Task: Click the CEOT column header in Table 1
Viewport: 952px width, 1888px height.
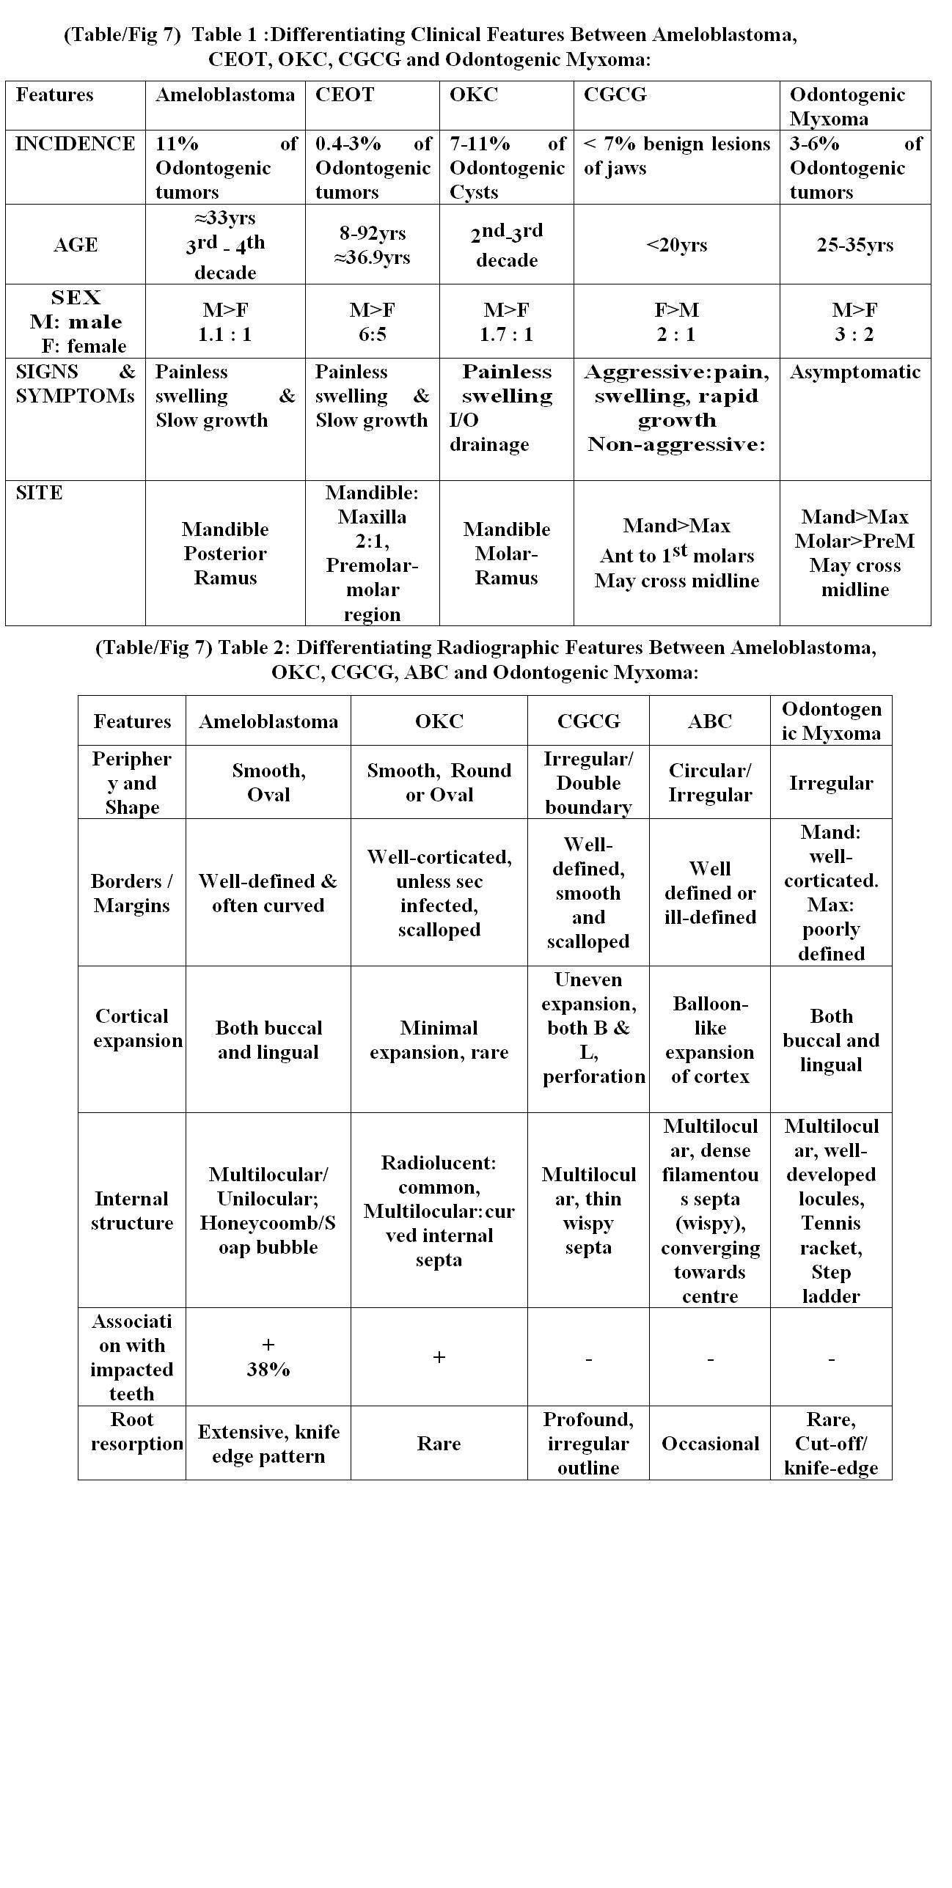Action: pyautogui.click(x=345, y=95)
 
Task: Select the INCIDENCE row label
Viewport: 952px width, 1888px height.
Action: pyautogui.click(x=75, y=144)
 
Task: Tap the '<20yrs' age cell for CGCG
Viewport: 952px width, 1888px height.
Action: pyautogui.click(x=676, y=245)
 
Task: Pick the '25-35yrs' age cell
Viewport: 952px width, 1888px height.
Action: pyautogui.click(x=854, y=245)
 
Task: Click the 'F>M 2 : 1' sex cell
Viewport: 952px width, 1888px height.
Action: pyautogui.click(x=676, y=322)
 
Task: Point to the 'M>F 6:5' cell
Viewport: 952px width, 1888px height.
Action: pyautogui.click(x=372, y=322)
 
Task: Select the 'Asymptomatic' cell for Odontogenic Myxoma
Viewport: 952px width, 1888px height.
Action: pyautogui.click(x=854, y=372)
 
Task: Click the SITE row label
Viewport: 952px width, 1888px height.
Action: pyautogui.click(x=39, y=493)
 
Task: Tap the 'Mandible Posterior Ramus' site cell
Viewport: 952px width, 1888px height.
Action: pyautogui.click(x=225, y=553)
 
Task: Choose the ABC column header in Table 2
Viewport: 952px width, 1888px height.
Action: pyautogui.click(x=709, y=721)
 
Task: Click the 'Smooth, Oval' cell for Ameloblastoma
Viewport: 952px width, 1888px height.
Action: pyautogui.click(x=268, y=782)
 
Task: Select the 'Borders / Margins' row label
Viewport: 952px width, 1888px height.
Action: pyautogui.click(x=132, y=893)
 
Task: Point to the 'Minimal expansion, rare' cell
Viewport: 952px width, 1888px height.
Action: pyautogui.click(x=439, y=1040)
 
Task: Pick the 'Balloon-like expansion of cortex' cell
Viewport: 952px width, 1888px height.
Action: pyautogui.click(x=709, y=1040)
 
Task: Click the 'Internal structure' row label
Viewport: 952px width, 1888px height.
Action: pyautogui.click(x=132, y=1211)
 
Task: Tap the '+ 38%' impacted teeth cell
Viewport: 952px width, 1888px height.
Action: pyautogui.click(x=268, y=1357)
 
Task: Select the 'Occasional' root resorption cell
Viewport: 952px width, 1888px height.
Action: pyautogui.click(x=709, y=1444)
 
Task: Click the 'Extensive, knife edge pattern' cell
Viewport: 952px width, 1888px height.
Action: pyautogui.click(x=268, y=1444)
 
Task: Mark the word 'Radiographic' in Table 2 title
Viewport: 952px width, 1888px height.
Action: pyautogui.click(x=498, y=648)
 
